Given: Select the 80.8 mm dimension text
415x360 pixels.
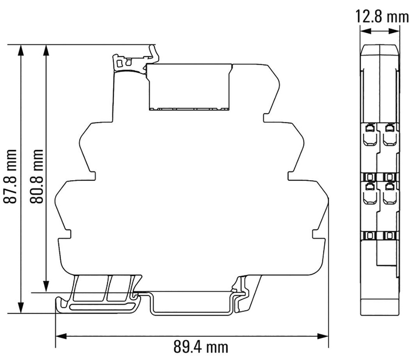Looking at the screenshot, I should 38,176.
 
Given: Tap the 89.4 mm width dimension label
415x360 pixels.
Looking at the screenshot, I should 201,347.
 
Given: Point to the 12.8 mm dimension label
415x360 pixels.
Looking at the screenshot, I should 382,17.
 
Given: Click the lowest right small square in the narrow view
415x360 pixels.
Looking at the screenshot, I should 389,235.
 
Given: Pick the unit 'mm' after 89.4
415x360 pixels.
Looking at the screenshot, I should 218,347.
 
